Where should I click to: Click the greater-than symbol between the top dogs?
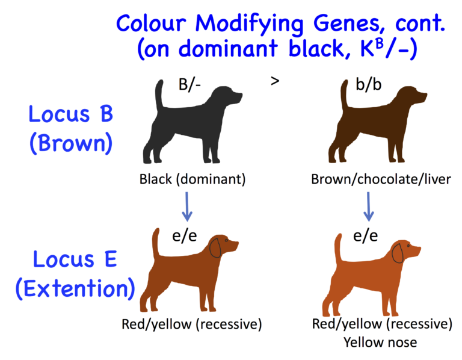coord(275,81)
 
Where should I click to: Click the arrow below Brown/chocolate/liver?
coord(369,207)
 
